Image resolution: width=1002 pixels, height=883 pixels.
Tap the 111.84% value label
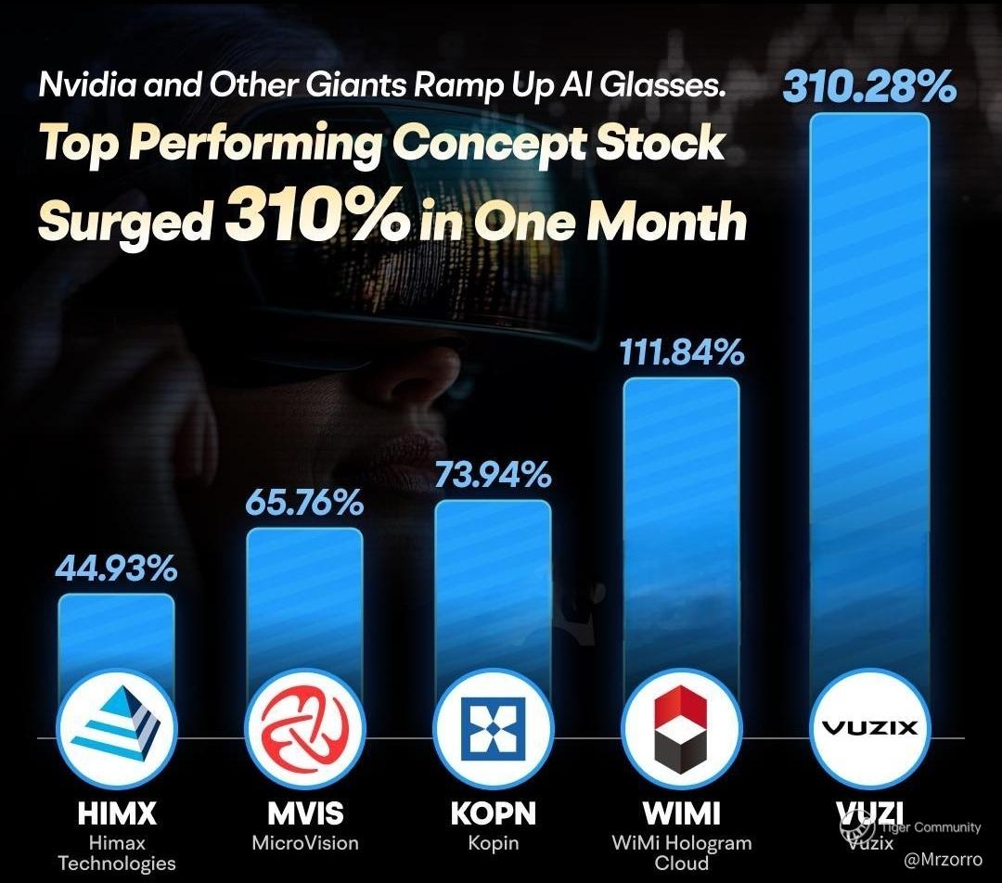coord(682,352)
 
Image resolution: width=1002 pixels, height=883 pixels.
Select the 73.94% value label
coord(493,475)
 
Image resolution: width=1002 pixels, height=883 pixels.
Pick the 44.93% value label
coord(116,568)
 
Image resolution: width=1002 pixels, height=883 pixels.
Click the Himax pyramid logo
coord(116,728)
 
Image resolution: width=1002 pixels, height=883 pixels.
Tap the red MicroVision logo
coord(305,728)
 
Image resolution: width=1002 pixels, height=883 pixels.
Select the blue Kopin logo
coord(494,728)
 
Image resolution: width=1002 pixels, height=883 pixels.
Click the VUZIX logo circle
coord(869,728)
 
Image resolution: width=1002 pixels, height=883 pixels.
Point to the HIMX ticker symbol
coord(116,814)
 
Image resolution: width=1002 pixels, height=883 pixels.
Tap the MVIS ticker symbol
coord(305,814)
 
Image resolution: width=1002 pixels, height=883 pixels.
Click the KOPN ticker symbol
coord(494,814)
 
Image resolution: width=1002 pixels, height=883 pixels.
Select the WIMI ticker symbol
coord(682,814)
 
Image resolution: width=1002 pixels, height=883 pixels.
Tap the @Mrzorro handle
coord(944,860)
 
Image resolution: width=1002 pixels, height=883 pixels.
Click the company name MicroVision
coord(305,843)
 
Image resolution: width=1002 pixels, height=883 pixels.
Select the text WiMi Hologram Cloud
coord(682,853)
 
